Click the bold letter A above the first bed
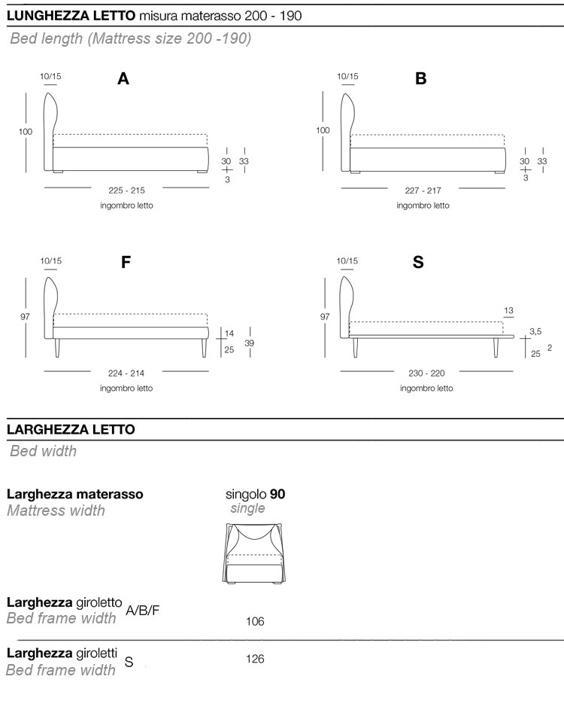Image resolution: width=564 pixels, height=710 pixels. (123, 78)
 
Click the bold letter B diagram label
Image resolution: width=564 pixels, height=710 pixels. (420, 78)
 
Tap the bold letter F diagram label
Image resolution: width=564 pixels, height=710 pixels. (126, 263)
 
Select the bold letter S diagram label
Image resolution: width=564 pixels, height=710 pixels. (418, 263)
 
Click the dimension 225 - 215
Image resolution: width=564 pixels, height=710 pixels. (127, 190)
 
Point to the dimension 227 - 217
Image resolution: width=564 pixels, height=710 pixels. (423, 190)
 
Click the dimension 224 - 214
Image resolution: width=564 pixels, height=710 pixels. (126, 374)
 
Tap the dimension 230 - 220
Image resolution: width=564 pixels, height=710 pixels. (426, 374)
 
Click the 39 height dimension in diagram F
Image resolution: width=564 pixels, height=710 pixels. (249, 343)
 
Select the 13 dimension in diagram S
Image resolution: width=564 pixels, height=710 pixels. (509, 310)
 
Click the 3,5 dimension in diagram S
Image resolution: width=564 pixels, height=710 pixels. (535, 331)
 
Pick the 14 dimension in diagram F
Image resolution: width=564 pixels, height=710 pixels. (229, 333)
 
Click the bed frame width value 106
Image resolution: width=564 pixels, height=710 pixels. (255, 622)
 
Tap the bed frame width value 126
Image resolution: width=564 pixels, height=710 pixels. (255, 659)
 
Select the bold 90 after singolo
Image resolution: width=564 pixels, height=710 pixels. (277, 495)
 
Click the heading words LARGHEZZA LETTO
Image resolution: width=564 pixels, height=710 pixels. (71, 429)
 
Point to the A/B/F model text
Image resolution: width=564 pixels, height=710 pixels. (143, 610)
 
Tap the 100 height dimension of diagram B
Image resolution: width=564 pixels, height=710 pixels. (323, 130)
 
